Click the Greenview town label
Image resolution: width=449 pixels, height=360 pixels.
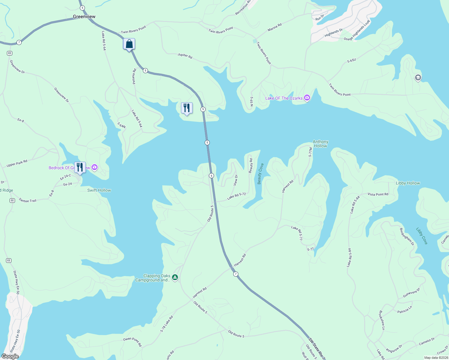tap(84, 17)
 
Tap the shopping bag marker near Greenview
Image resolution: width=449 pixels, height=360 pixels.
tap(129, 44)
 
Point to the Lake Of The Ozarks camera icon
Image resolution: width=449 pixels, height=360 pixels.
tap(307, 98)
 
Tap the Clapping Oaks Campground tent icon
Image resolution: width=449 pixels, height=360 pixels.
tap(175, 277)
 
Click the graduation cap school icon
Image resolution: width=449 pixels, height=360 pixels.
tap(418, 78)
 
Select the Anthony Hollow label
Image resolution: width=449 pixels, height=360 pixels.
tap(320, 144)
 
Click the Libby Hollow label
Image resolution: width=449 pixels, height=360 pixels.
tap(408, 183)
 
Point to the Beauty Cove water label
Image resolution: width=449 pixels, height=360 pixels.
tap(260, 174)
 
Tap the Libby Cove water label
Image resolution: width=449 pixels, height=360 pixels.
tap(422, 236)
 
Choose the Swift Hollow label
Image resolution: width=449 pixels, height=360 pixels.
tap(99, 190)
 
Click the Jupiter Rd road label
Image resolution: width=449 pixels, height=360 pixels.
tap(185, 56)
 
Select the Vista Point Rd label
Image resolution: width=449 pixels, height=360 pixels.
tap(378, 194)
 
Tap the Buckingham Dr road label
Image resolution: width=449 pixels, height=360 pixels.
tap(407, 237)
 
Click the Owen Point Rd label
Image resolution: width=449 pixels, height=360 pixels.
tap(132, 341)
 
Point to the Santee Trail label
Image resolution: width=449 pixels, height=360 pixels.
tap(28, 200)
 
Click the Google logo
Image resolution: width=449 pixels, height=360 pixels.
tap(10, 356)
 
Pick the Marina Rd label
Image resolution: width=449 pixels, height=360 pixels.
tap(275, 27)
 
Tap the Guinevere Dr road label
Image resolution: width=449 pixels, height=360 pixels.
tap(411, 293)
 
